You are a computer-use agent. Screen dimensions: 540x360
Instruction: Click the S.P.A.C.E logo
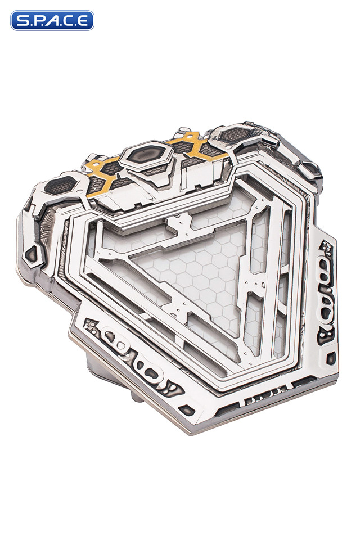point(52,21)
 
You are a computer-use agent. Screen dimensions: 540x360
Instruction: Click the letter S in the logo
point(21,21)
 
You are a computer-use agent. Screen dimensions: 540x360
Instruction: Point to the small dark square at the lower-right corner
point(332,358)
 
